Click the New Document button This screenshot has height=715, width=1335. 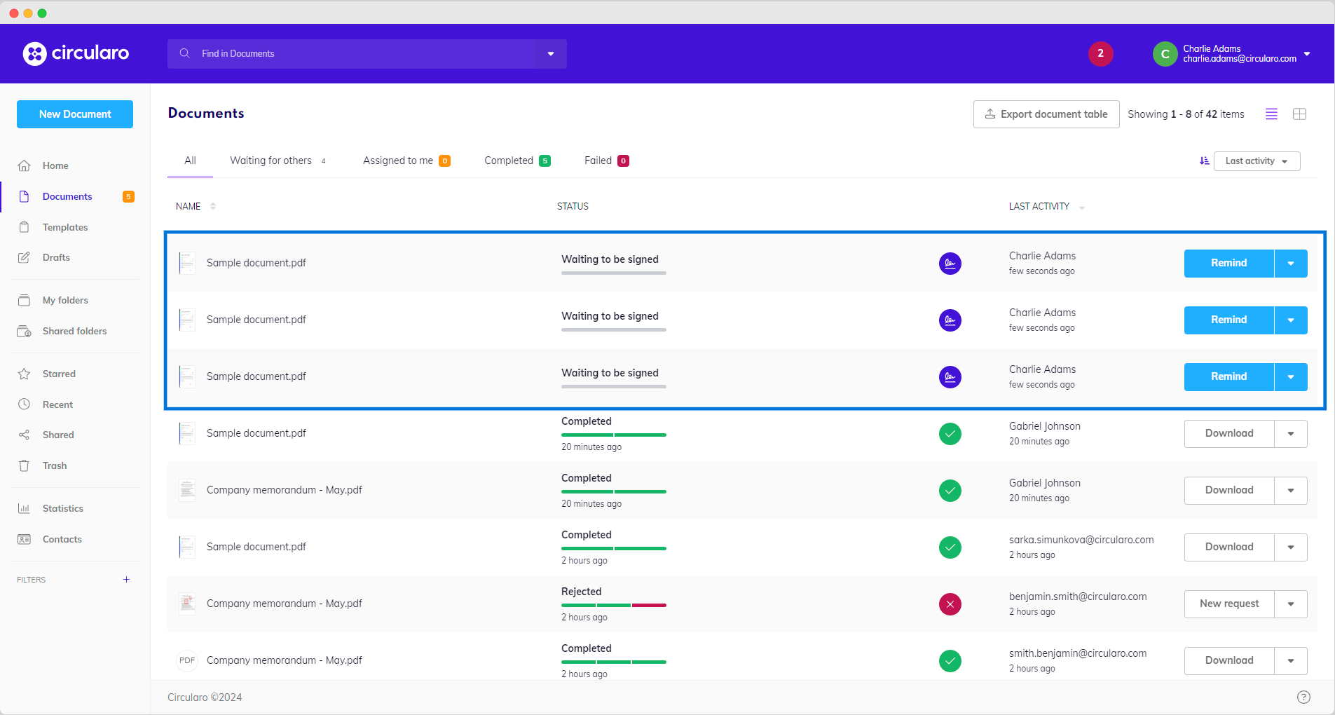click(x=75, y=114)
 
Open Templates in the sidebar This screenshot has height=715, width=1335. click(x=64, y=227)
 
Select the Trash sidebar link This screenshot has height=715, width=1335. click(x=54, y=465)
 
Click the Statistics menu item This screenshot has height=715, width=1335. click(x=62, y=508)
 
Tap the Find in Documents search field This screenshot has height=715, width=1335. click(x=350, y=54)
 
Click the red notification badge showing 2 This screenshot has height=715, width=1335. click(x=1100, y=53)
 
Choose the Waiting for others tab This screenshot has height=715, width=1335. click(x=271, y=161)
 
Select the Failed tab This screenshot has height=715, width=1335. click(x=598, y=161)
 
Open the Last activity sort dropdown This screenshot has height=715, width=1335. click(x=1257, y=161)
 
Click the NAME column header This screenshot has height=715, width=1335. click(x=189, y=206)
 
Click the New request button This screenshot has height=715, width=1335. click(x=1229, y=604)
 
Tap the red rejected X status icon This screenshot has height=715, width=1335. click(x=950, y=604)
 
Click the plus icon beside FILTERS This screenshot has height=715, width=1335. click(x=126, y=580)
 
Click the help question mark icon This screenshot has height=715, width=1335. click(x=1303, y=697)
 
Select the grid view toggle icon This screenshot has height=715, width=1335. click(x=1299, y=114)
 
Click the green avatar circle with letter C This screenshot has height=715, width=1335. click(x=1165, y=54)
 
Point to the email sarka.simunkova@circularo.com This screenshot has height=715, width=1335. click(x=1081, y=540)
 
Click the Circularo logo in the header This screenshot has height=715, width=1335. click(x=76, y=53)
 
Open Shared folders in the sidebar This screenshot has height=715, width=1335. click(x=74, y=331)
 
